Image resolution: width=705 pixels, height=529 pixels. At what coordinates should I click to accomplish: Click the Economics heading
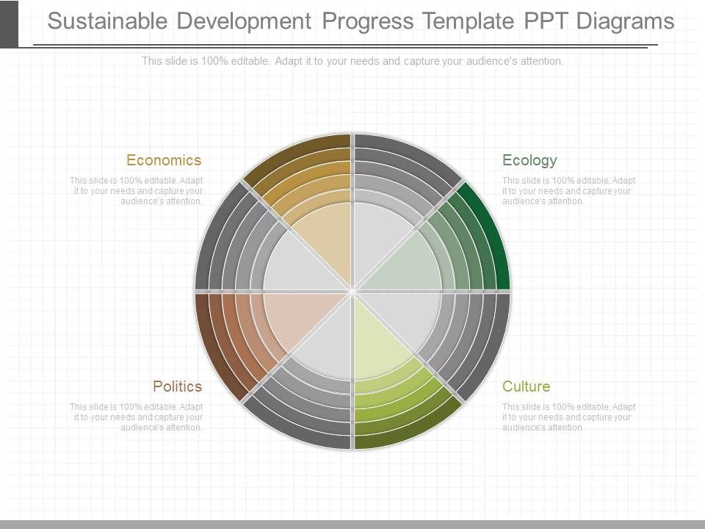pos(163,160)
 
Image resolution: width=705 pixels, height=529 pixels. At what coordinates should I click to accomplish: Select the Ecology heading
pos(529,160)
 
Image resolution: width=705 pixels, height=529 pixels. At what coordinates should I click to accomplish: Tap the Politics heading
pos(177,386)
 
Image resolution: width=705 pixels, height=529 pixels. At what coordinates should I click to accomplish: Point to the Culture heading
pos(526,386)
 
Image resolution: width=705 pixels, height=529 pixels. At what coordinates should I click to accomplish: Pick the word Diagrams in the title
pos(625,21)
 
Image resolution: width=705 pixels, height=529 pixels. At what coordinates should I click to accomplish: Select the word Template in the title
pos(468,21)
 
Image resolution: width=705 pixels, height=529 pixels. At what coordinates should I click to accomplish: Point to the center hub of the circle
pos(352,291)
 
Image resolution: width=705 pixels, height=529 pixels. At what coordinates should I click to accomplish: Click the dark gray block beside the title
pos(9,24)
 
